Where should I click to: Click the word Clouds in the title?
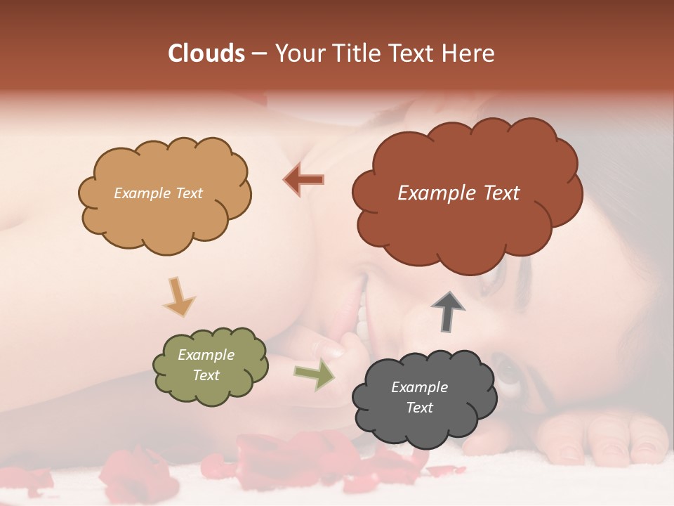pyautogui.click(x=206, y=53)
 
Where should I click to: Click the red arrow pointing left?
pyautogui.click(x=304, y=179)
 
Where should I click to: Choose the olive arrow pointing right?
pyautogui.click(x=314, y=375)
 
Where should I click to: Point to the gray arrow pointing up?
pyautogui.click(x=448, y=311)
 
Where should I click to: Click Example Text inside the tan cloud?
pyautogui.click(x=158, y=193)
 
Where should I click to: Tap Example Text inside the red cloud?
pyautogui.click(x=458, y=193)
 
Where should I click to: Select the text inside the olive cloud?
pyautogui.click(x=206, y=365)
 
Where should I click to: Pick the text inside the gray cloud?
pyautogui.click(x=419, y=397)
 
